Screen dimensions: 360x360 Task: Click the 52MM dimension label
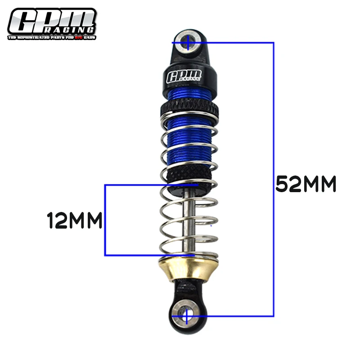[x=306, y=184]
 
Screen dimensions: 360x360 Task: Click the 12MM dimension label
[x=75, y=220]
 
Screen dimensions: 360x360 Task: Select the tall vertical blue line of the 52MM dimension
[x=273, y=180]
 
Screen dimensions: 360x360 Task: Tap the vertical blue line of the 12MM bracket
[x=105, y=220]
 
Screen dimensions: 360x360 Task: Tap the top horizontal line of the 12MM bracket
[x=148, y=184]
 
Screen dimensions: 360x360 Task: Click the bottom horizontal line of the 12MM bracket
[x=148, y=255]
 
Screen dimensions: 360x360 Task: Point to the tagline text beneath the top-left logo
[x=51, y=37]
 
